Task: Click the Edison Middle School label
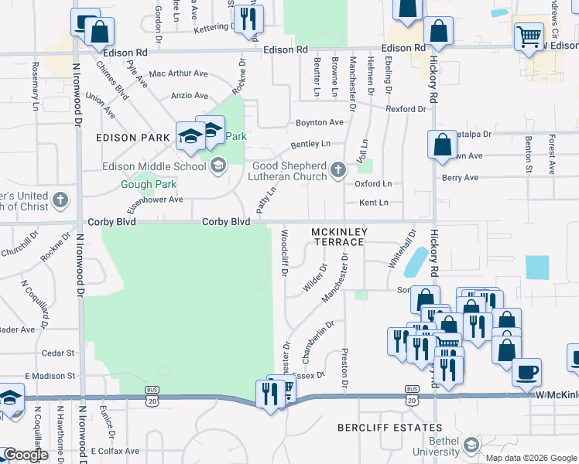tap(155, 165)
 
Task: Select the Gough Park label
tap(149, 184)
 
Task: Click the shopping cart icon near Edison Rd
tap(529, 36)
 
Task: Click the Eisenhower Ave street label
tap(155, 199)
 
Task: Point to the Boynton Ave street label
tap(320, 122)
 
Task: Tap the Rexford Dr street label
tap(406, 109)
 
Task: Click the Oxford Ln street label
tap(373, 184)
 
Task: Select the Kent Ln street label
tap(373, 203)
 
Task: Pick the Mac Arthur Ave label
tap(179, 74)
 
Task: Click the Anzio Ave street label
tap(190, 96)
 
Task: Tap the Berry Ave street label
tap(460, 178)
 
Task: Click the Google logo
tap(26, 455)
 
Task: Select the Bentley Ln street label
tap(310, 145)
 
